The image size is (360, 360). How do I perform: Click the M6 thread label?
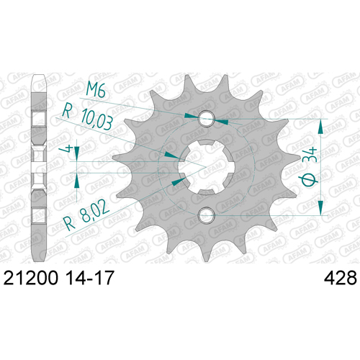pos(96,89)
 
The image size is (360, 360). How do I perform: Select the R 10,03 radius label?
pos(87,118)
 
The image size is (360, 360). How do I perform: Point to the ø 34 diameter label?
pos(309,167)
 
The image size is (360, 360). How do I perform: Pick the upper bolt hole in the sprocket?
pos(207,118)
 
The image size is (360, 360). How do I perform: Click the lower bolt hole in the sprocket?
pos(206,215)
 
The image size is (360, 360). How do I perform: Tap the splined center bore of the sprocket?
pos(206,167)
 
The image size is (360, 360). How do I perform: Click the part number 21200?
pos(31,278)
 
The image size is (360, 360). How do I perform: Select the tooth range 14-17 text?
pos(90,278)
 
